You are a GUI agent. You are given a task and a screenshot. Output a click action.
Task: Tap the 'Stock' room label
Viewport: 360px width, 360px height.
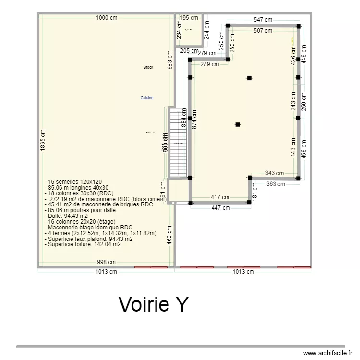(x=148, y=68)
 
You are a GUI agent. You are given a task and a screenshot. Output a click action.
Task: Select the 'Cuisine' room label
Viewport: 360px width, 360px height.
(x=147, y=98)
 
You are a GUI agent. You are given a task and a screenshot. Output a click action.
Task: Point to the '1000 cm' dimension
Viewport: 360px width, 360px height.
(x=107, y=18)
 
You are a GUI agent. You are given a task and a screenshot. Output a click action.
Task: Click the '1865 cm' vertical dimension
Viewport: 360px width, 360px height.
(x=43, y=142)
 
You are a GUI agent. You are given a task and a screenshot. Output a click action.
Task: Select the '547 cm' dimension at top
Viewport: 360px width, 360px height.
(x=263, y=20)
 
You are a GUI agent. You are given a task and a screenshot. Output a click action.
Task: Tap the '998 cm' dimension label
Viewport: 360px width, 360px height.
(x=106, y=262)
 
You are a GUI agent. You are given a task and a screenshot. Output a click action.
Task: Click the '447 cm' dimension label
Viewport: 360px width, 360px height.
(x=220, y=208)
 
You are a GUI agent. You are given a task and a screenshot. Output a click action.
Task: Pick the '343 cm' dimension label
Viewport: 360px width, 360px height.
(x=274, y=173)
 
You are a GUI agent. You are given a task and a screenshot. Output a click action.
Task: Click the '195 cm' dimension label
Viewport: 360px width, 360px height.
(x=188, y=18)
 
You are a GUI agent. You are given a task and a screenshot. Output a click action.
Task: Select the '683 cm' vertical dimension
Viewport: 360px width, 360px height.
(x=169, y=60)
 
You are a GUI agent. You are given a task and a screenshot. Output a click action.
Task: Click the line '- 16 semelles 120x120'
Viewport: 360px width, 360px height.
(x=72, y=182)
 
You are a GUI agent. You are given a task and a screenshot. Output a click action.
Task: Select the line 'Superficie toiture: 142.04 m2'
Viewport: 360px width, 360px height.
(x=83, y=244)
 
